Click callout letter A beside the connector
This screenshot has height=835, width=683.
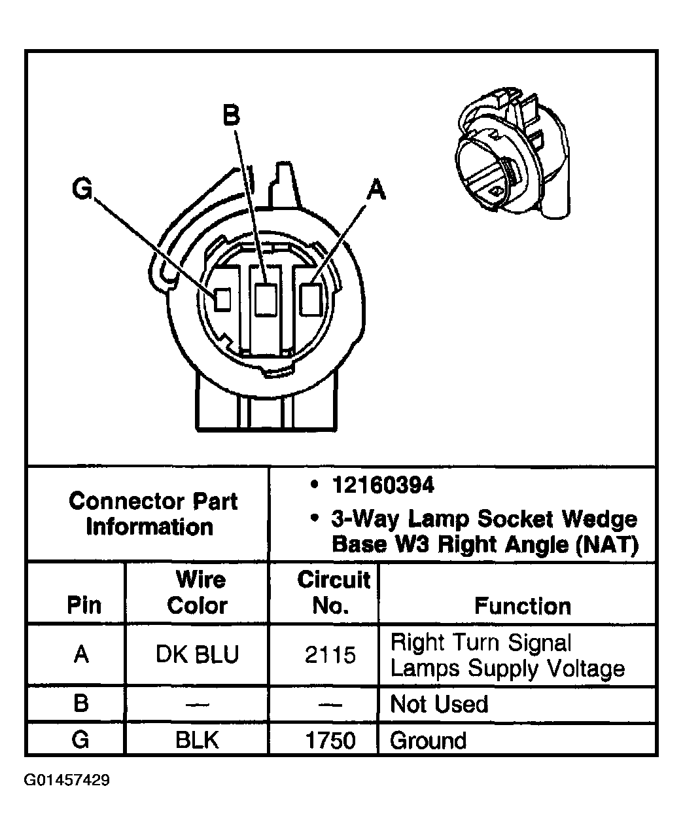(x=376, y=190)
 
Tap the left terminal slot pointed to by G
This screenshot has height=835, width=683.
(x=223, y=300)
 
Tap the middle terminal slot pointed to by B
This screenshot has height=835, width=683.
(x=266, y=300)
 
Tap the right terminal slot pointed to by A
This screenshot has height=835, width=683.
(x=309, y=299)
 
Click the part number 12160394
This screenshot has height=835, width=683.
(x=383, y=486)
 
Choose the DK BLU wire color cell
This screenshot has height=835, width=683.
(x=197, y=654)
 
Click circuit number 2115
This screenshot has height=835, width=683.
(x=330, y=654)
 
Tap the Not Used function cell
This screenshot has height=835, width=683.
(x=439, y=704)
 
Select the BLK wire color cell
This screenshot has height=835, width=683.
(x=197, y=740)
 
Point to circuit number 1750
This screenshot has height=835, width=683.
(x=330, y=740)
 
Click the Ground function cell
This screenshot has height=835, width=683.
(x=428, y=740)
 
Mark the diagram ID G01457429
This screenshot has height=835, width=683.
(x=67, y=781)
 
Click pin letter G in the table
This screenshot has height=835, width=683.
(x=80, y=740)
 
